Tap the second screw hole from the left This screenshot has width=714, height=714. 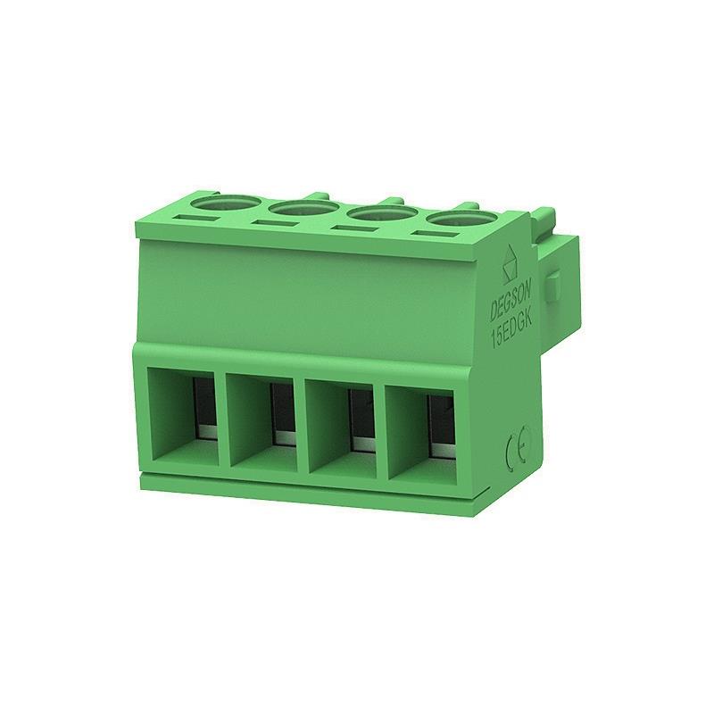tap(303, 210)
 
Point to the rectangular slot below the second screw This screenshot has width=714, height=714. tap(275, 225)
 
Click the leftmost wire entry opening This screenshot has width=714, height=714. tap(183, 417)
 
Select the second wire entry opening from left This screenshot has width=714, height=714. tap(261, 422)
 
